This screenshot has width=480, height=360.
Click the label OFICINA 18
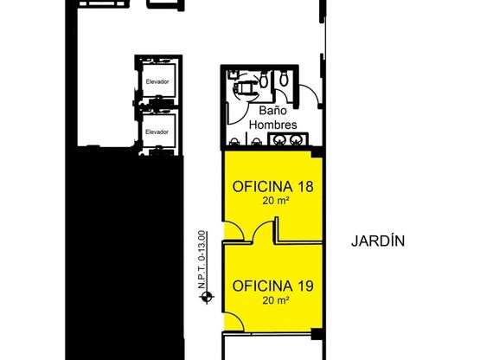[272, 187]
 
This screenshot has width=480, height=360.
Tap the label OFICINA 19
[272, 286]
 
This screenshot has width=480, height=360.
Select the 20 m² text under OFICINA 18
[276, 201]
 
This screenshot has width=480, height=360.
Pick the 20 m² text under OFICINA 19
[276, 300]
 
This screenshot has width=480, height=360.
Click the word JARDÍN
[378, 241]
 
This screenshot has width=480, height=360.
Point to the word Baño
[273, 110]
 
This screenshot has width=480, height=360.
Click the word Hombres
[273, 125]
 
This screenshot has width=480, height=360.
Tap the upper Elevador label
[157, 82]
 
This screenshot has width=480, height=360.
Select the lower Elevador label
[157, 132]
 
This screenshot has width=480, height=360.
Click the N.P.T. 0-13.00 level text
[202, 260]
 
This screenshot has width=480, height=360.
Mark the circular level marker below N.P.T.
[207, 297]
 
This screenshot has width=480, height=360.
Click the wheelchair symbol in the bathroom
[244, 88]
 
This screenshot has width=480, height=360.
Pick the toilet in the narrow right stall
[284, 78]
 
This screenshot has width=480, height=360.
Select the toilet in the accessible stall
[264, 80]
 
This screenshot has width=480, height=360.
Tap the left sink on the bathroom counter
[280, 140]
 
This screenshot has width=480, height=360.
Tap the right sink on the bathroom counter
[296, 140]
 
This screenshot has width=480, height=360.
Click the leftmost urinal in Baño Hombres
[234, 142]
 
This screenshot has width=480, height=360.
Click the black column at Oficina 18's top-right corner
[317, 152]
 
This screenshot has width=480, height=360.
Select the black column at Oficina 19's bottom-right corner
[317, 334]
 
